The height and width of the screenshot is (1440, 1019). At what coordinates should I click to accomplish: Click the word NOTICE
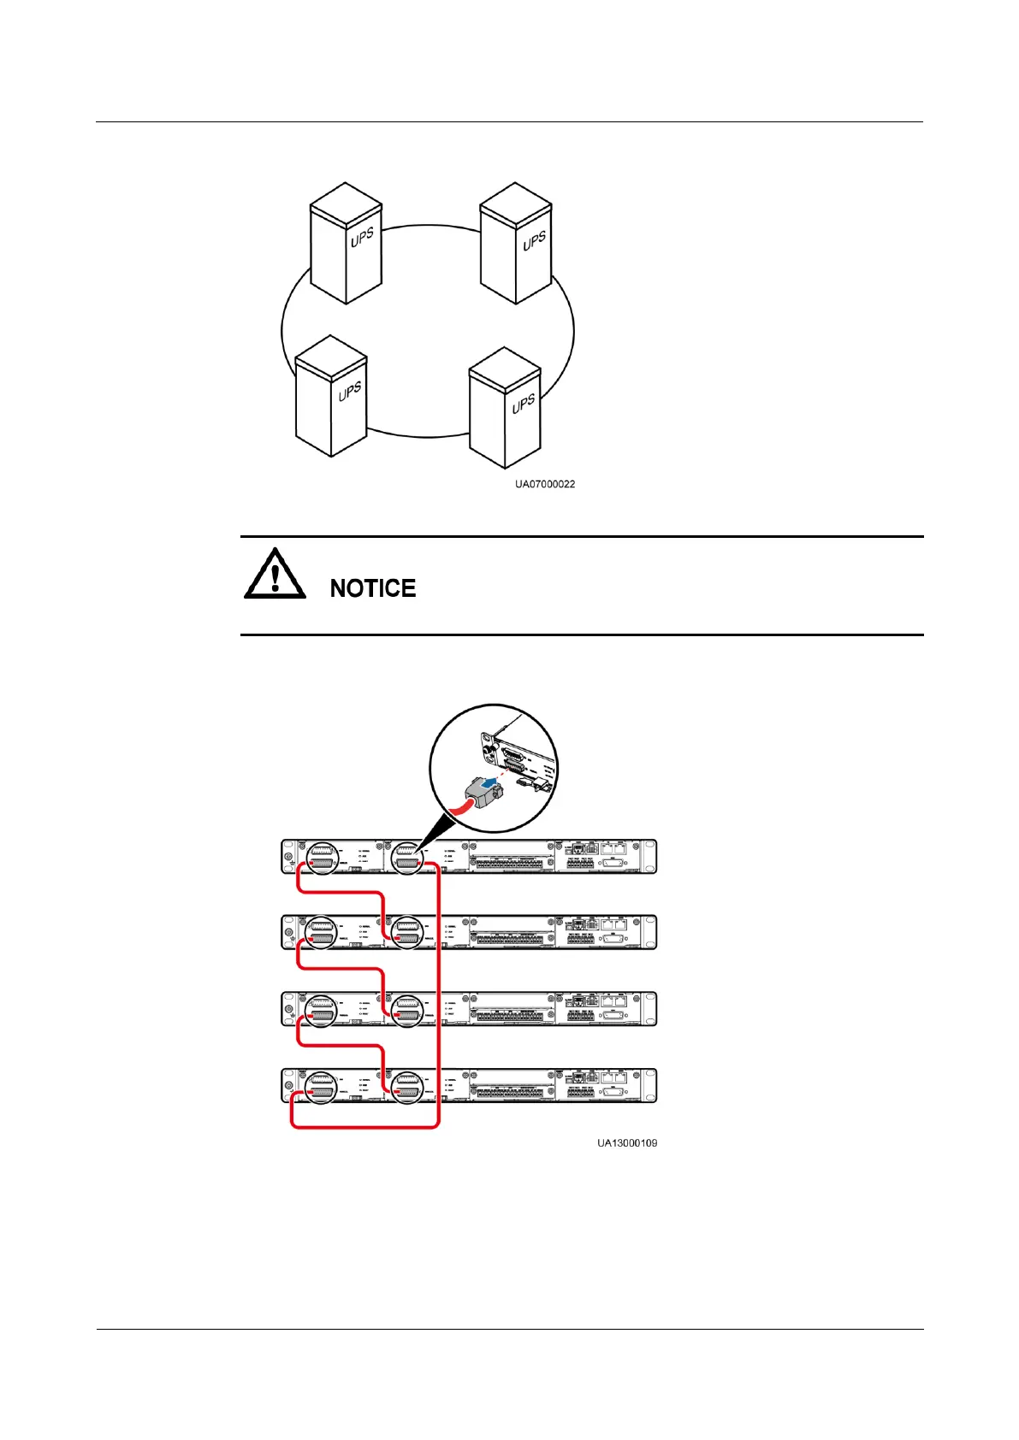pos(373,588)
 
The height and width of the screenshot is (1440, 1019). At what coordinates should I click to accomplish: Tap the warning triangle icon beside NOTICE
pos(275,574)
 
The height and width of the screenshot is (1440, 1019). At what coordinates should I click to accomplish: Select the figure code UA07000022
pos(544,484)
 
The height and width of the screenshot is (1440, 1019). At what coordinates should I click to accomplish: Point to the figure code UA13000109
pos(627,1142)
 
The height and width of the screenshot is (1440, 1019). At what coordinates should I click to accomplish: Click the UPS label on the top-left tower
pos(362,237)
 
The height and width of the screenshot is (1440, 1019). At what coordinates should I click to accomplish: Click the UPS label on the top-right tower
pos(534,241)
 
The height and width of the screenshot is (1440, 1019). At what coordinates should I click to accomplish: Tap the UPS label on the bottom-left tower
pos(349,392)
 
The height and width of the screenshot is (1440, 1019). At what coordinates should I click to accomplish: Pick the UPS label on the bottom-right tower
pos(523,403)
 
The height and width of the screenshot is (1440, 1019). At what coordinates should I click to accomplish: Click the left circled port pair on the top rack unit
pos(321,857)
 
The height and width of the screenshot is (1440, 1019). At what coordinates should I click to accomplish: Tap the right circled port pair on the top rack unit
pos(406,857)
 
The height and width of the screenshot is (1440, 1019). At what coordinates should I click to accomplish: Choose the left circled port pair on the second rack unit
pos(321,932)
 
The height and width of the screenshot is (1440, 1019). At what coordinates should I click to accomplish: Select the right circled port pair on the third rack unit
pos(406,1009)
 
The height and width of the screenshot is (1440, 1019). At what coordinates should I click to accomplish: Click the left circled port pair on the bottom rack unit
pos(321,1086)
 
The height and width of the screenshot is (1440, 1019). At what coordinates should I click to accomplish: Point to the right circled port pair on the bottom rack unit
pos(406,1086)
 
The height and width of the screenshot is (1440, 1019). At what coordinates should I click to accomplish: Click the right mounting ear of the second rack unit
pos(652,932)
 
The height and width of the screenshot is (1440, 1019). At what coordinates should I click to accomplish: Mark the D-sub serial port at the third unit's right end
pos(614,1017)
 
